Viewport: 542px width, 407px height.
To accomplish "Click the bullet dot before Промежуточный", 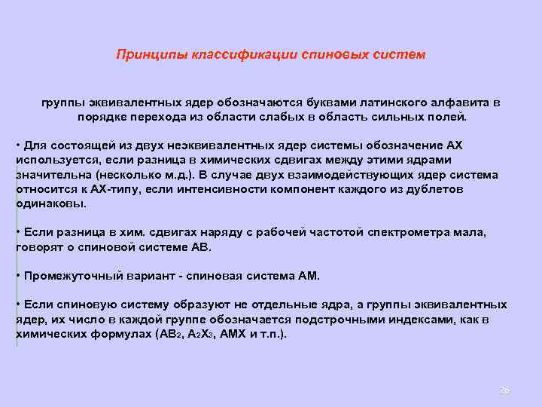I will pos(18,276).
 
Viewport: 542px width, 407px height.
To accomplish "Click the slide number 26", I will pos(505,390).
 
